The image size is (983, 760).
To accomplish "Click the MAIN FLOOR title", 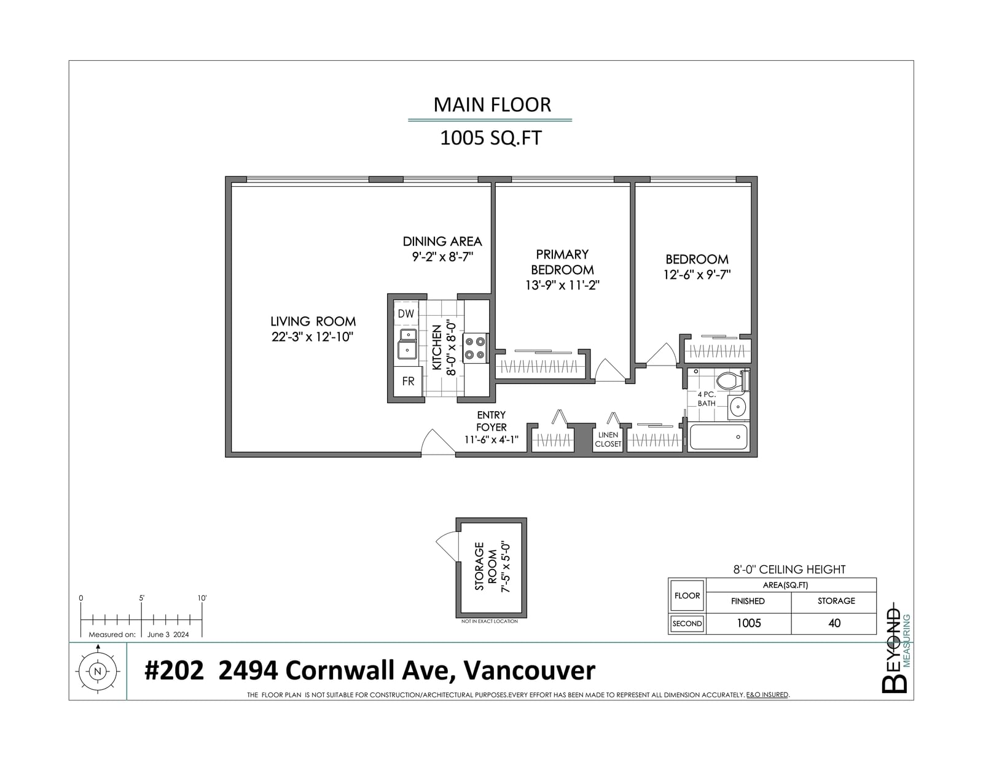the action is [491, 104].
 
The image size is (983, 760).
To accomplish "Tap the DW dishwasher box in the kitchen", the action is [405, 313].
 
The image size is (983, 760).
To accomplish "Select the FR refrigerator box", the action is [407, 382].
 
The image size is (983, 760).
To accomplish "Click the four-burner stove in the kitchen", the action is [475, 348].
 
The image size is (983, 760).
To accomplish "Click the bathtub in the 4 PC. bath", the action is [718, 437].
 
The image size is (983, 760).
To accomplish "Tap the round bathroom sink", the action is [738, 407].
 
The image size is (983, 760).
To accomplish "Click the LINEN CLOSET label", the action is [608, 439].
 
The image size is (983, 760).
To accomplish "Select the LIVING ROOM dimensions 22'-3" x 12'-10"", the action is [312, 337].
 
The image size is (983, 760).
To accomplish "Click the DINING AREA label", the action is [442, 241].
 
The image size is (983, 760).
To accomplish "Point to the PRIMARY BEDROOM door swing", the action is [610, 370].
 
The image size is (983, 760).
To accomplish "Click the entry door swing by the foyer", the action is [437, 442].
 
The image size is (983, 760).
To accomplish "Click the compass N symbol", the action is [97, 672].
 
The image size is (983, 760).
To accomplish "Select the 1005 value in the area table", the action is [749, 623].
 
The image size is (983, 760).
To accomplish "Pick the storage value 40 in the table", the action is [834, 623].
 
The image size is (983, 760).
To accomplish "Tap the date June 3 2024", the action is [168, 634].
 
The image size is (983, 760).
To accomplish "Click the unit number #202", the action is [174, 670].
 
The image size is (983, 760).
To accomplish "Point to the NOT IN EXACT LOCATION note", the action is [490, 621].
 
